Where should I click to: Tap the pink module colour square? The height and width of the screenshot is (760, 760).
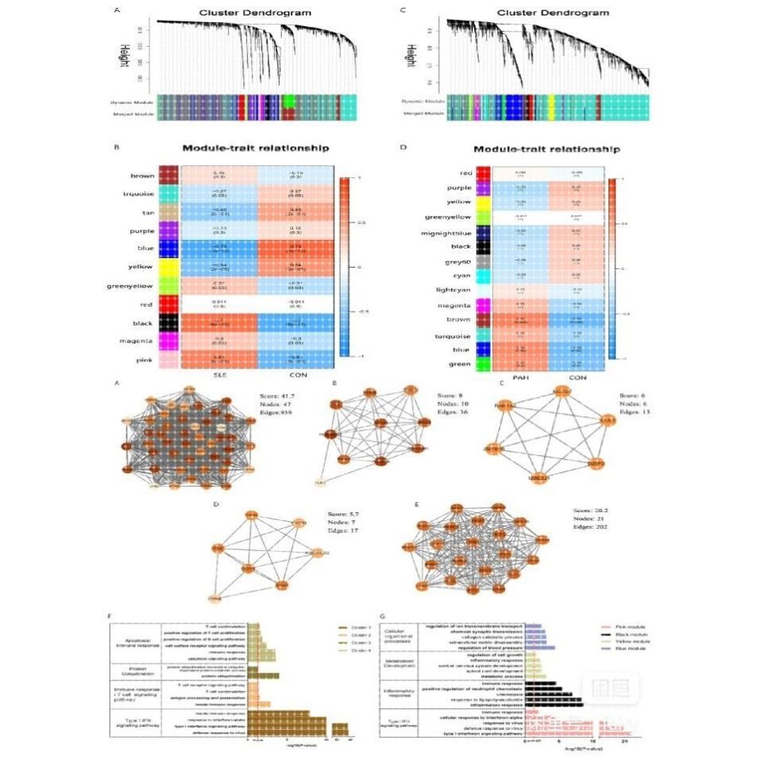point(168,361)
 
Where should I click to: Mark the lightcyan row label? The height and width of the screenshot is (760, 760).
point(452,291)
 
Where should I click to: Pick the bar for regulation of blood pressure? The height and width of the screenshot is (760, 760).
point(539,648)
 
